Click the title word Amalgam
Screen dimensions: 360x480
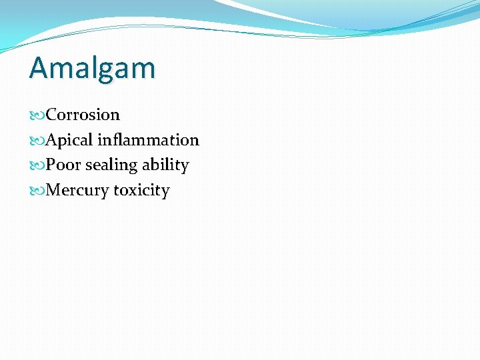tap(92, 68)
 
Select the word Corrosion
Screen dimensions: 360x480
tap(83, 115)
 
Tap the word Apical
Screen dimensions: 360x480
tap(69, 140)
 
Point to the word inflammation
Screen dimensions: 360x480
tap(148, 140)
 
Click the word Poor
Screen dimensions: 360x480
tap(63, 165)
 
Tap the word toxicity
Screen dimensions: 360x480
tap(141, 191)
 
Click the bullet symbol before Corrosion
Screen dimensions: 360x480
tap(37, 115)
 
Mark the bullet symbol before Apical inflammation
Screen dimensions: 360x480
tap(37, 141)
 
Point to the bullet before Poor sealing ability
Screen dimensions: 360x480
tap(37, 166)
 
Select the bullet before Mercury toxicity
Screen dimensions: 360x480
tap(37, 191)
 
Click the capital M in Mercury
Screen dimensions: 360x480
tap(54, 191)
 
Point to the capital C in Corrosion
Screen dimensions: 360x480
tap(51, 115)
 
